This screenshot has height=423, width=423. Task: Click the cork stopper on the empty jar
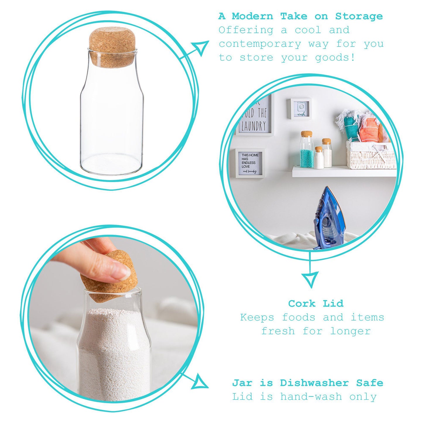point(112,47)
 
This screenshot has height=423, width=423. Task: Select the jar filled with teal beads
point(306,150)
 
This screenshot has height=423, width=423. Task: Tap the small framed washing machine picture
point(299,109)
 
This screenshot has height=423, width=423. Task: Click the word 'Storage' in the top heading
point(359,16)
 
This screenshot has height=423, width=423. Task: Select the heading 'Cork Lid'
point(316,304)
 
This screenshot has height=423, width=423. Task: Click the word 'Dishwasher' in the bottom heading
point(314,383)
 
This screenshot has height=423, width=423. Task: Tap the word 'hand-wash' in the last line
point(311,397)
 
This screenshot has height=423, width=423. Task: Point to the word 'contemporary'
point(260,44)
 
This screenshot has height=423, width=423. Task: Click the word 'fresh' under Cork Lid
point(278,331)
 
